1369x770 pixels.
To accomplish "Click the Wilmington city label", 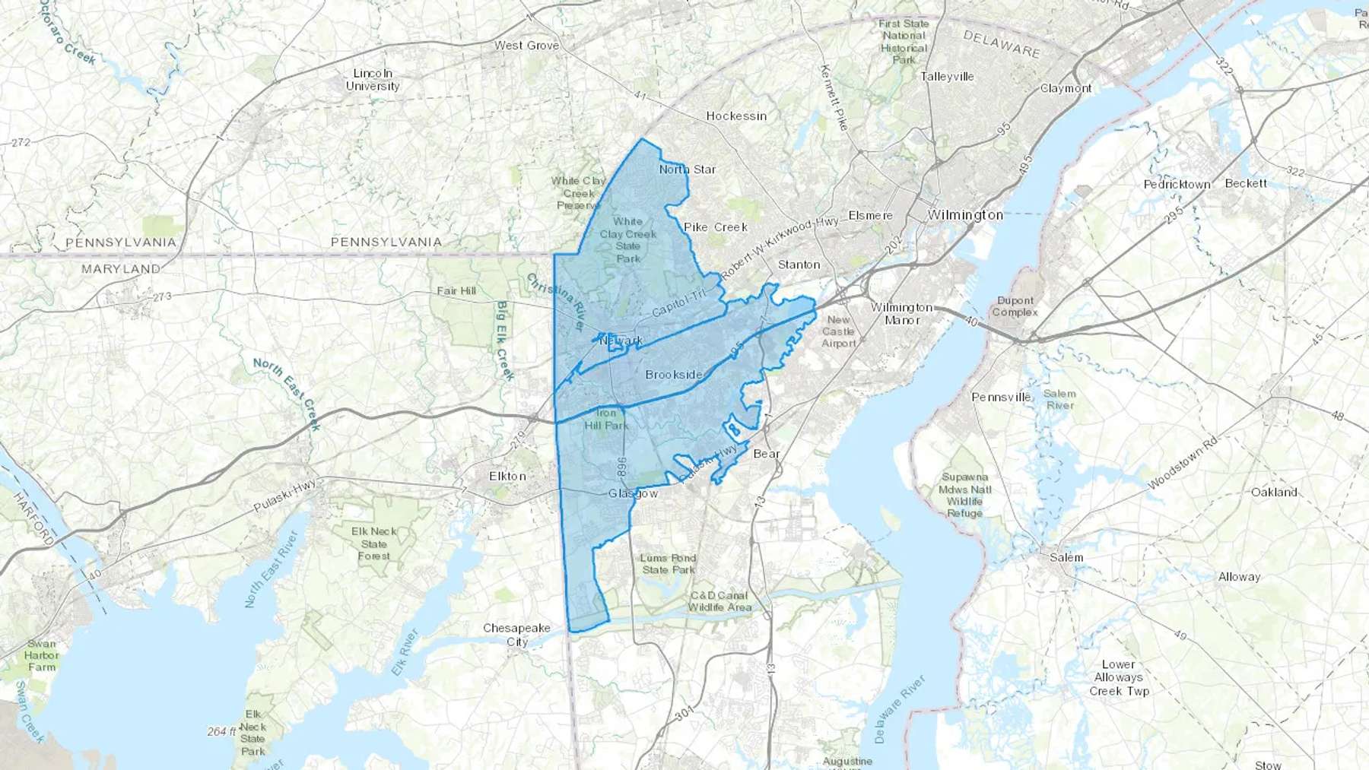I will (x=965, y=215).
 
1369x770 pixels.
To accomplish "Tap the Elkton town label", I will (x=507, y=477).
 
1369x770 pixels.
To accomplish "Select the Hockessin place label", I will (x=736, y=116).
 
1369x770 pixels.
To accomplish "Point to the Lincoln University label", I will (x=373, y=80).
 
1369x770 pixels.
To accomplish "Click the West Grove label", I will (x=526, y=46).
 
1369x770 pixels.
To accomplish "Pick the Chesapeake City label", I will (x=517, y=635).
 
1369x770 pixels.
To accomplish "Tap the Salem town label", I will (x=1066, y=557).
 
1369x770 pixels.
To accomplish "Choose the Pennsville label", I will (x=1001, y=397).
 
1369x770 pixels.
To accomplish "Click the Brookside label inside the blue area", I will (x=674, y=374).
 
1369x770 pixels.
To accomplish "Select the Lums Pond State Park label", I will (x=669, y=564).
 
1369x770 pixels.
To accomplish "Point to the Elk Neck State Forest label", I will (x=374, y=543).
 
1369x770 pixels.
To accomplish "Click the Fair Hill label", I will (x=456, y=291).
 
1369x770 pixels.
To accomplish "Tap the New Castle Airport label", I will (x=839, y=331).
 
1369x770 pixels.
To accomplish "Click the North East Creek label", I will (x=287, y=393).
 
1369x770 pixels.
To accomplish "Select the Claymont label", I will (x=1066, y=88).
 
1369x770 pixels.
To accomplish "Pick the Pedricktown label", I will (x=1177, y=185).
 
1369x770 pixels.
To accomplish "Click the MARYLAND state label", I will (x=121, y=269).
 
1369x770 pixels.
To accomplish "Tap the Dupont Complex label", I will (x=1015, y=306).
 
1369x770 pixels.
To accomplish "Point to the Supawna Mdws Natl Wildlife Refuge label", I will (x=965, y=496).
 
